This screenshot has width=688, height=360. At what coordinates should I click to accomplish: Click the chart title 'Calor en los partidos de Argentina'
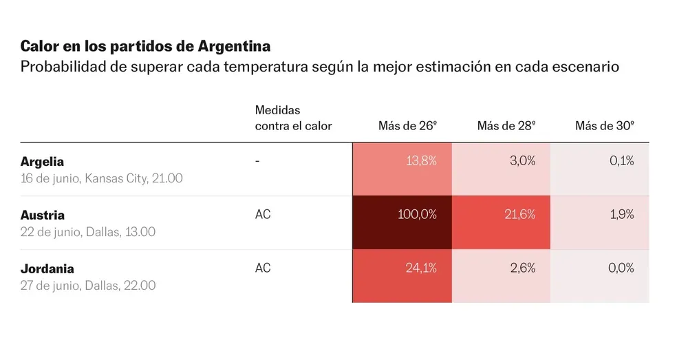point(145,46)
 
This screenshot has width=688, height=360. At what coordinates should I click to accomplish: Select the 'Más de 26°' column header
point(407,126)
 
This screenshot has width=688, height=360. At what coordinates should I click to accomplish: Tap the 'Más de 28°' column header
point(506,126)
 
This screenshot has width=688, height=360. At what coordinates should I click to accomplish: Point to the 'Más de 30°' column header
point(605,126)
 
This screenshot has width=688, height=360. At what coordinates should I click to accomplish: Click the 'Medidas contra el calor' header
point(293,118)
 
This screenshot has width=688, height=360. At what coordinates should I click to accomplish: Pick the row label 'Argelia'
point(42,162)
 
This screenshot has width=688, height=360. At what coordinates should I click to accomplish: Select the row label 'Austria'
point(43,215)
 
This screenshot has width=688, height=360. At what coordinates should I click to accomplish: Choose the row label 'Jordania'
point(47,268)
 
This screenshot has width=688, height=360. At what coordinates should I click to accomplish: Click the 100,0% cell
point(402,222)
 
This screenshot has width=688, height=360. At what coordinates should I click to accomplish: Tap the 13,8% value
point(421,161)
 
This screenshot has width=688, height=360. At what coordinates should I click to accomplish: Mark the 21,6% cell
point(501,222)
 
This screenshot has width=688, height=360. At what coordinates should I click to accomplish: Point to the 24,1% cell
point(402,276)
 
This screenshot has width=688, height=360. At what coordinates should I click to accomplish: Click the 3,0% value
point(523,161)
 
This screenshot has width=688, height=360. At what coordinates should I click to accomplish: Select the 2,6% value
point(523,268)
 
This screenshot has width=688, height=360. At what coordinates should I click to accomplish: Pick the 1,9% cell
point(600,222)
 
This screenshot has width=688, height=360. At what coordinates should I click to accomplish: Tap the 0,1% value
point(622,161)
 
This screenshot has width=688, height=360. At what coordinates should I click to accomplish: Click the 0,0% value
point(621,268)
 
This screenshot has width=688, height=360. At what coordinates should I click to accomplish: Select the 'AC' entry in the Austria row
point(263,215)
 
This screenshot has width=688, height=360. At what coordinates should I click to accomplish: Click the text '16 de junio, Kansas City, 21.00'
point(101,178)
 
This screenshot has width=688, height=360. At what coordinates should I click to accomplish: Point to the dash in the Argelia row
point(257,161)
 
